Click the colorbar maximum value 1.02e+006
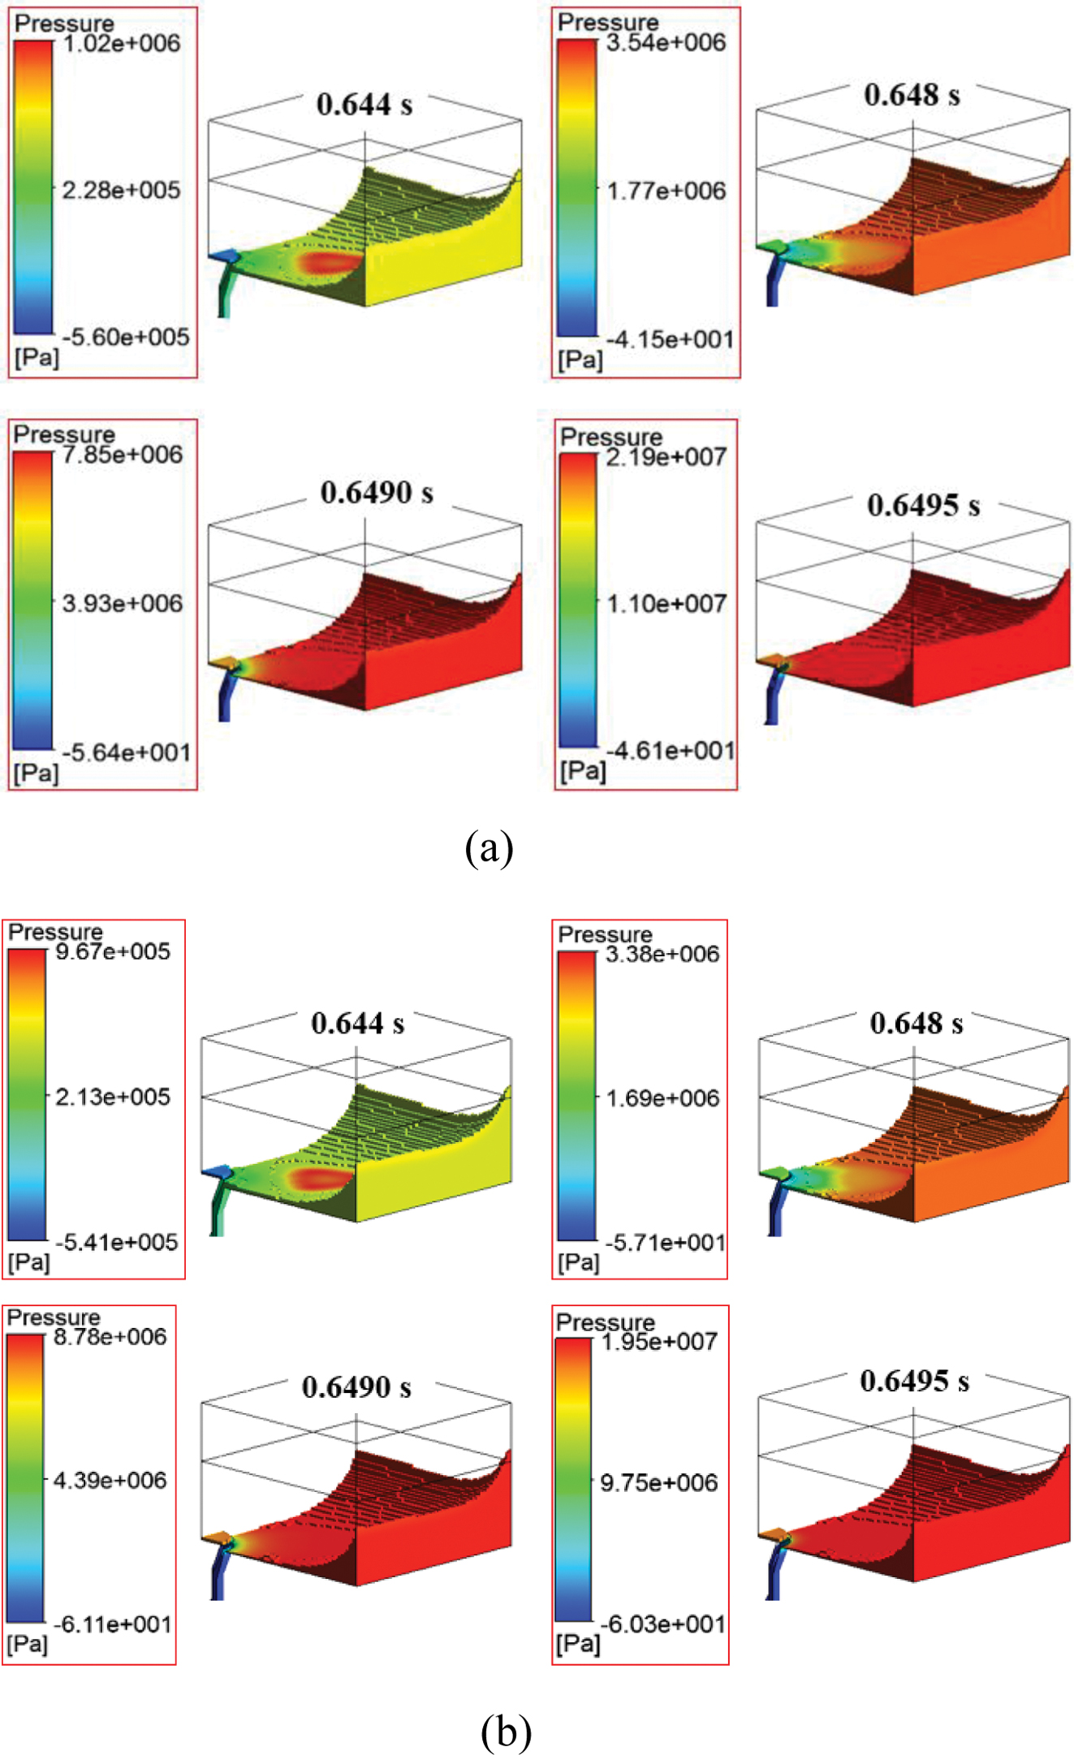pos(121,44)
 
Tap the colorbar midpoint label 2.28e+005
pos(121,191)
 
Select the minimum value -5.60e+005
pos(126,337)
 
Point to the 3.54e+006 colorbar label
pos(666,43)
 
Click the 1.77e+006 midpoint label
pos(666,192)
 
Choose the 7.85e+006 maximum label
pos(122,455)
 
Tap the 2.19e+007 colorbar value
pos(666,458)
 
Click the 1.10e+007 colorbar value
pos(666,604)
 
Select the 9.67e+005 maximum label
pos(113,951)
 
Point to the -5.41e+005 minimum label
pos(116,1242)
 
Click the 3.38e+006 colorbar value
pos(662,955)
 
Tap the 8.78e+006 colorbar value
pos(110,1337)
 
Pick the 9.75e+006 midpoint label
pos(658,1483)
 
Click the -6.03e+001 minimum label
pos(662,1624)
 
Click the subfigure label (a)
pos(489,848)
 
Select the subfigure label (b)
pos(506,1731)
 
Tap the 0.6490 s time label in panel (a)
pos(377,493)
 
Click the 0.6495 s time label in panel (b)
pos(914,1381)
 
